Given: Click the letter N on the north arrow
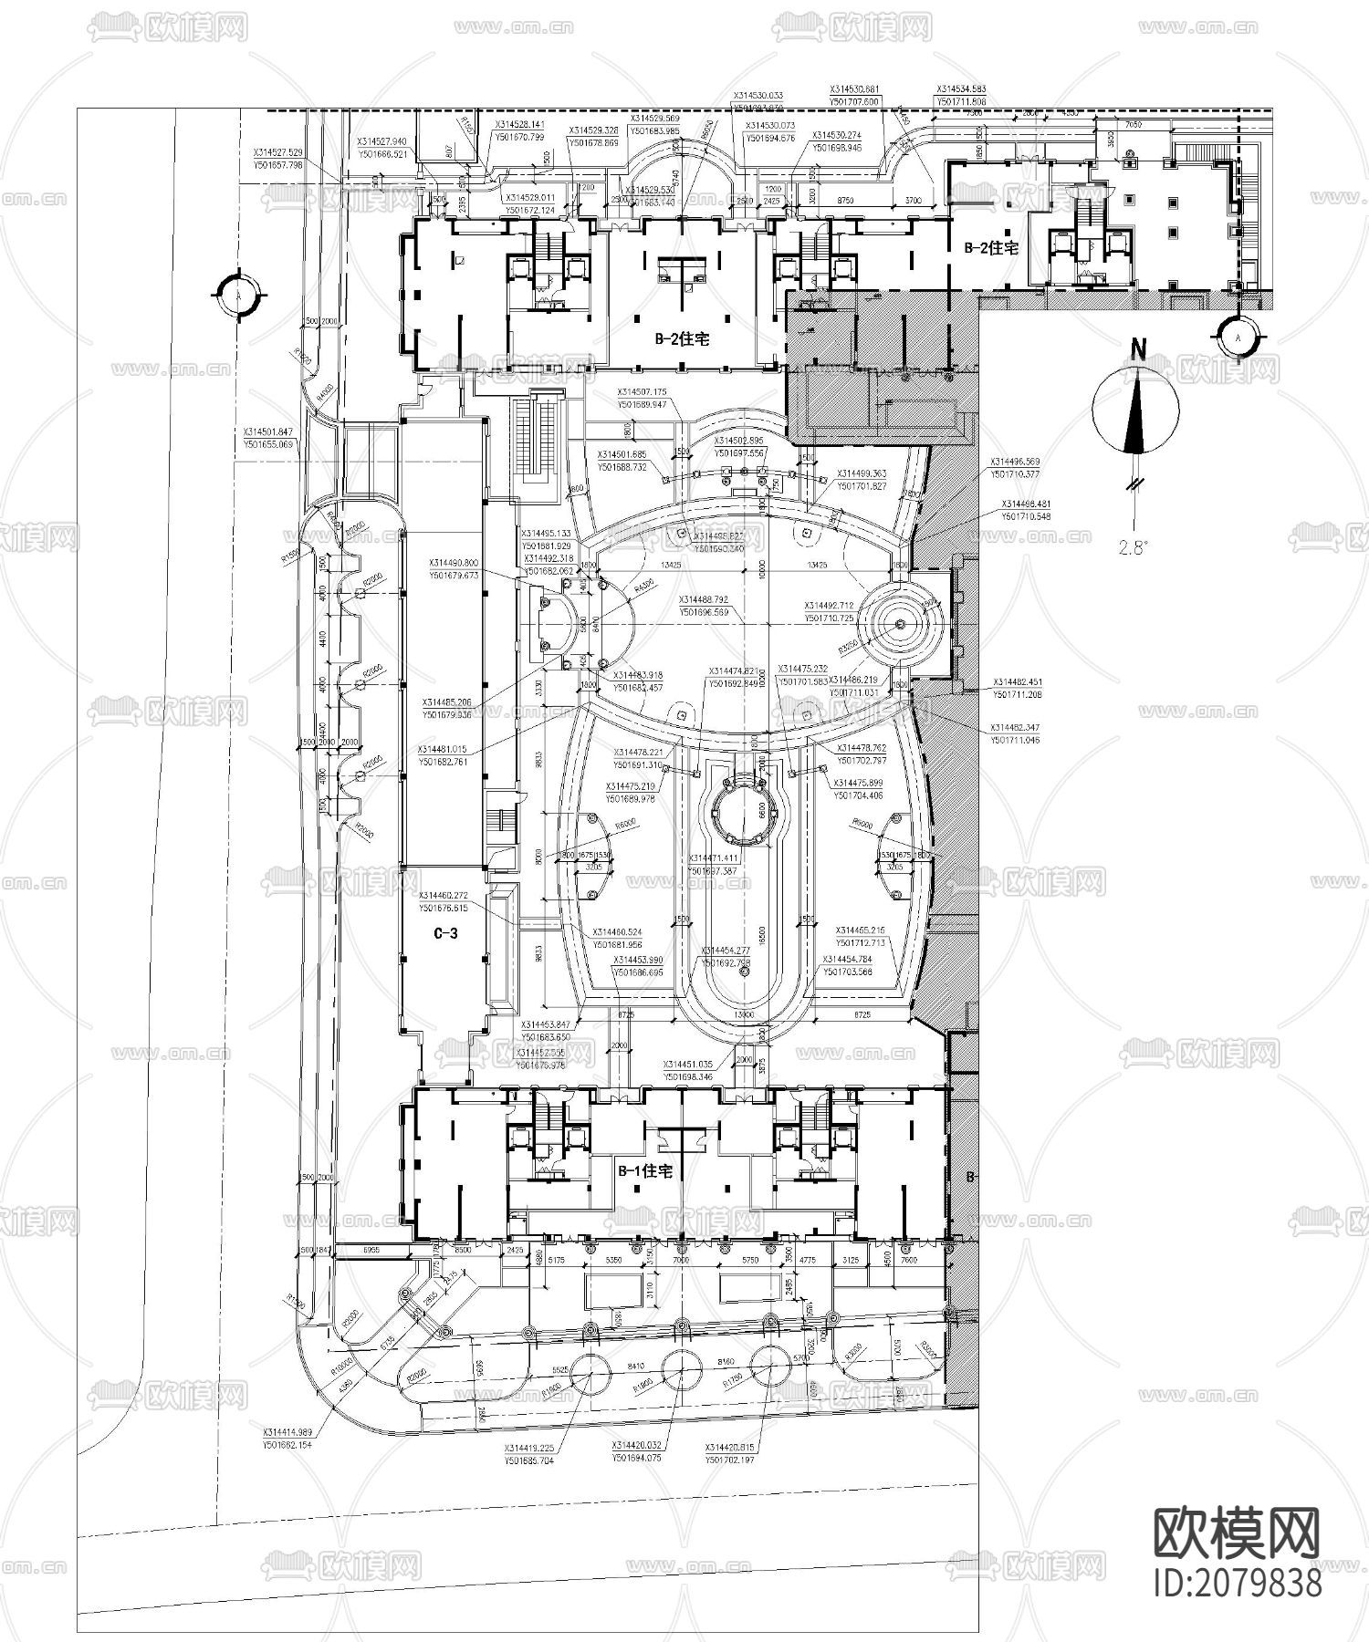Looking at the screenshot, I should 1137,348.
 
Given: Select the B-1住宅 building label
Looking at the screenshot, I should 645,1171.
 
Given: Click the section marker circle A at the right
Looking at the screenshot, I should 1238,337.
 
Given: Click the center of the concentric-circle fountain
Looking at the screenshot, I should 901,623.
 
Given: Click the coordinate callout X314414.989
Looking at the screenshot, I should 287,1433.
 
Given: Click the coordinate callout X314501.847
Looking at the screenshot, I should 267,432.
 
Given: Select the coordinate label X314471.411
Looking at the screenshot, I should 714,859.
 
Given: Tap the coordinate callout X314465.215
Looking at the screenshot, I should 861,930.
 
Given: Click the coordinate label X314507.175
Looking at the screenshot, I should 642,392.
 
